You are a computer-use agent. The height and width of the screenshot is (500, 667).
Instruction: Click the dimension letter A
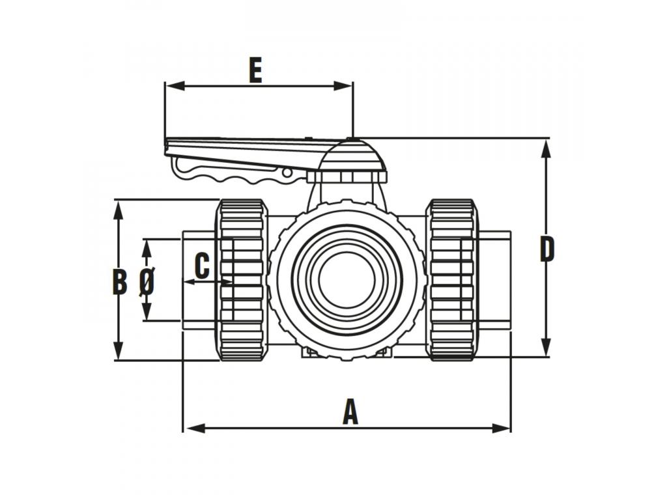point(350,411)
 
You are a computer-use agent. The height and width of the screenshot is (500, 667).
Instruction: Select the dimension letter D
point(547,249)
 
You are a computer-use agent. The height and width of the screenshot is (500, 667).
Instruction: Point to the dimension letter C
point(202,266)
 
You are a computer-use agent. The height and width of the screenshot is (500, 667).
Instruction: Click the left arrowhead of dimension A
point(194,428)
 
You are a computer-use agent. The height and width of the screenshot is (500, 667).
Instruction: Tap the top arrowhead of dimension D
point(546,149)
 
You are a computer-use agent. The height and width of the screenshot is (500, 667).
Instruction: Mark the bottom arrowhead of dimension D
point(546,346)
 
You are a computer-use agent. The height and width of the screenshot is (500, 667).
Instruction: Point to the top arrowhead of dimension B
point(119,210)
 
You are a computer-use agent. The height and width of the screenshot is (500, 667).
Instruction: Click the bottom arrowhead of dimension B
point(119,350)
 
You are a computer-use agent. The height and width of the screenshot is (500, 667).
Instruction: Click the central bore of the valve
point(347,279)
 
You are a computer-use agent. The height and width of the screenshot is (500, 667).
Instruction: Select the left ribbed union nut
point(241,280)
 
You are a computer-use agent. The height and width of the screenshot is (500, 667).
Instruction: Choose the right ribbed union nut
point(452,280)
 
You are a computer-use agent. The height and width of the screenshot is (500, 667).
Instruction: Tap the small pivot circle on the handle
point(287,173)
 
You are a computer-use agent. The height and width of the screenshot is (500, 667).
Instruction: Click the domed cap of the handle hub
point(352,156)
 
